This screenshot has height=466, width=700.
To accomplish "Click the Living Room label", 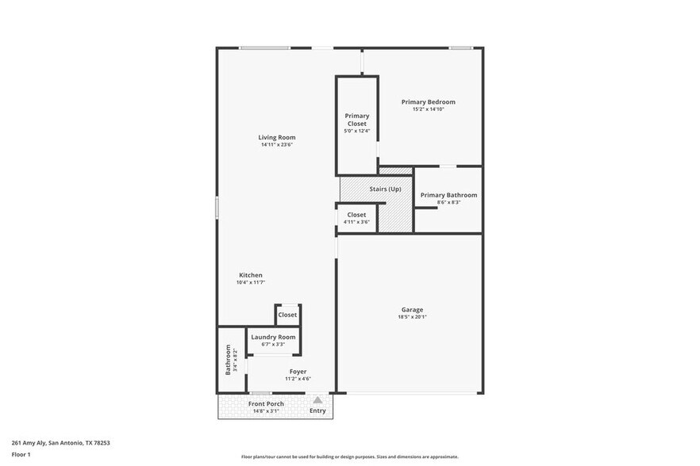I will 277,137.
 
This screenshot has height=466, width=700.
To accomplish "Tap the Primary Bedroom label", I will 428,101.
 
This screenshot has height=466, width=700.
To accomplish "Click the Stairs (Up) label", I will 385,189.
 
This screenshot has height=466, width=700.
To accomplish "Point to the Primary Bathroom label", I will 448,195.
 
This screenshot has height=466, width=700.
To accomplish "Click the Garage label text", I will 412,310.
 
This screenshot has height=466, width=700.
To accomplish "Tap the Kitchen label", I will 250,275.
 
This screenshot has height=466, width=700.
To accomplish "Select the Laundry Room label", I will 273,337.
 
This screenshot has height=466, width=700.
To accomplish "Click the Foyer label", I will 298,371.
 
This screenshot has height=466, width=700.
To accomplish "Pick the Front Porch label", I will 266,403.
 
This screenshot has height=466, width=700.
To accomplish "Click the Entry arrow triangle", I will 317,400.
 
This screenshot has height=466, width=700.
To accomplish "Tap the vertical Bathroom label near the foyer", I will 228,360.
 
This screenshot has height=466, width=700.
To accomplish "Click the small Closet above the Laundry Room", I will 287,315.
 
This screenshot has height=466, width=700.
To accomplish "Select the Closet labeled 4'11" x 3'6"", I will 356,215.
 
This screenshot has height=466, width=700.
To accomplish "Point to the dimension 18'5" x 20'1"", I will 412,317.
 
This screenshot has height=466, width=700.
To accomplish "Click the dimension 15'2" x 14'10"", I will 428,109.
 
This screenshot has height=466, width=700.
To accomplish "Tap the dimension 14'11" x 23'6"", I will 277,144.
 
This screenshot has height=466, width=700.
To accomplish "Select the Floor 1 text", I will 21,454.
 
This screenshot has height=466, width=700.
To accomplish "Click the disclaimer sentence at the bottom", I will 349,456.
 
